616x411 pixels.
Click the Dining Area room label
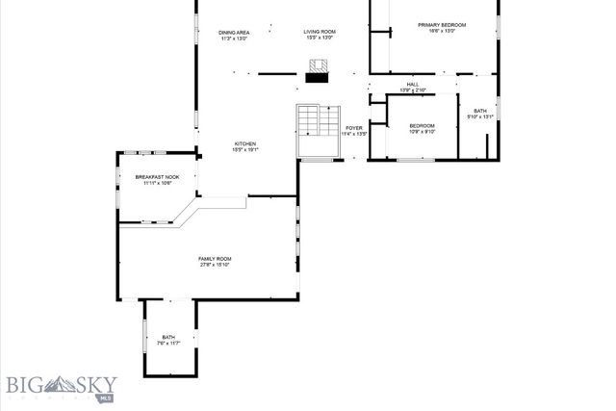point(235,33)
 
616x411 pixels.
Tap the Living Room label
point(321,33)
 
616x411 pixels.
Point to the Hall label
point(412,85)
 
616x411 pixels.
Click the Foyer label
point(354,127)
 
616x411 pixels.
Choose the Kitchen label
point(244,143)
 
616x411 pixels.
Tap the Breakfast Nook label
point(157,177)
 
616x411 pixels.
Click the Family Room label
point(215,258)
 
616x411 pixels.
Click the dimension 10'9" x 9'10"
point(422,133)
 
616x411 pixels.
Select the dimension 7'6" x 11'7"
point(168,343)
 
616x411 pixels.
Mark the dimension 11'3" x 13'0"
point(235,39)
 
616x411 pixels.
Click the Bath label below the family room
point(168,336)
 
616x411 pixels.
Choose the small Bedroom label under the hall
point(422,126)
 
